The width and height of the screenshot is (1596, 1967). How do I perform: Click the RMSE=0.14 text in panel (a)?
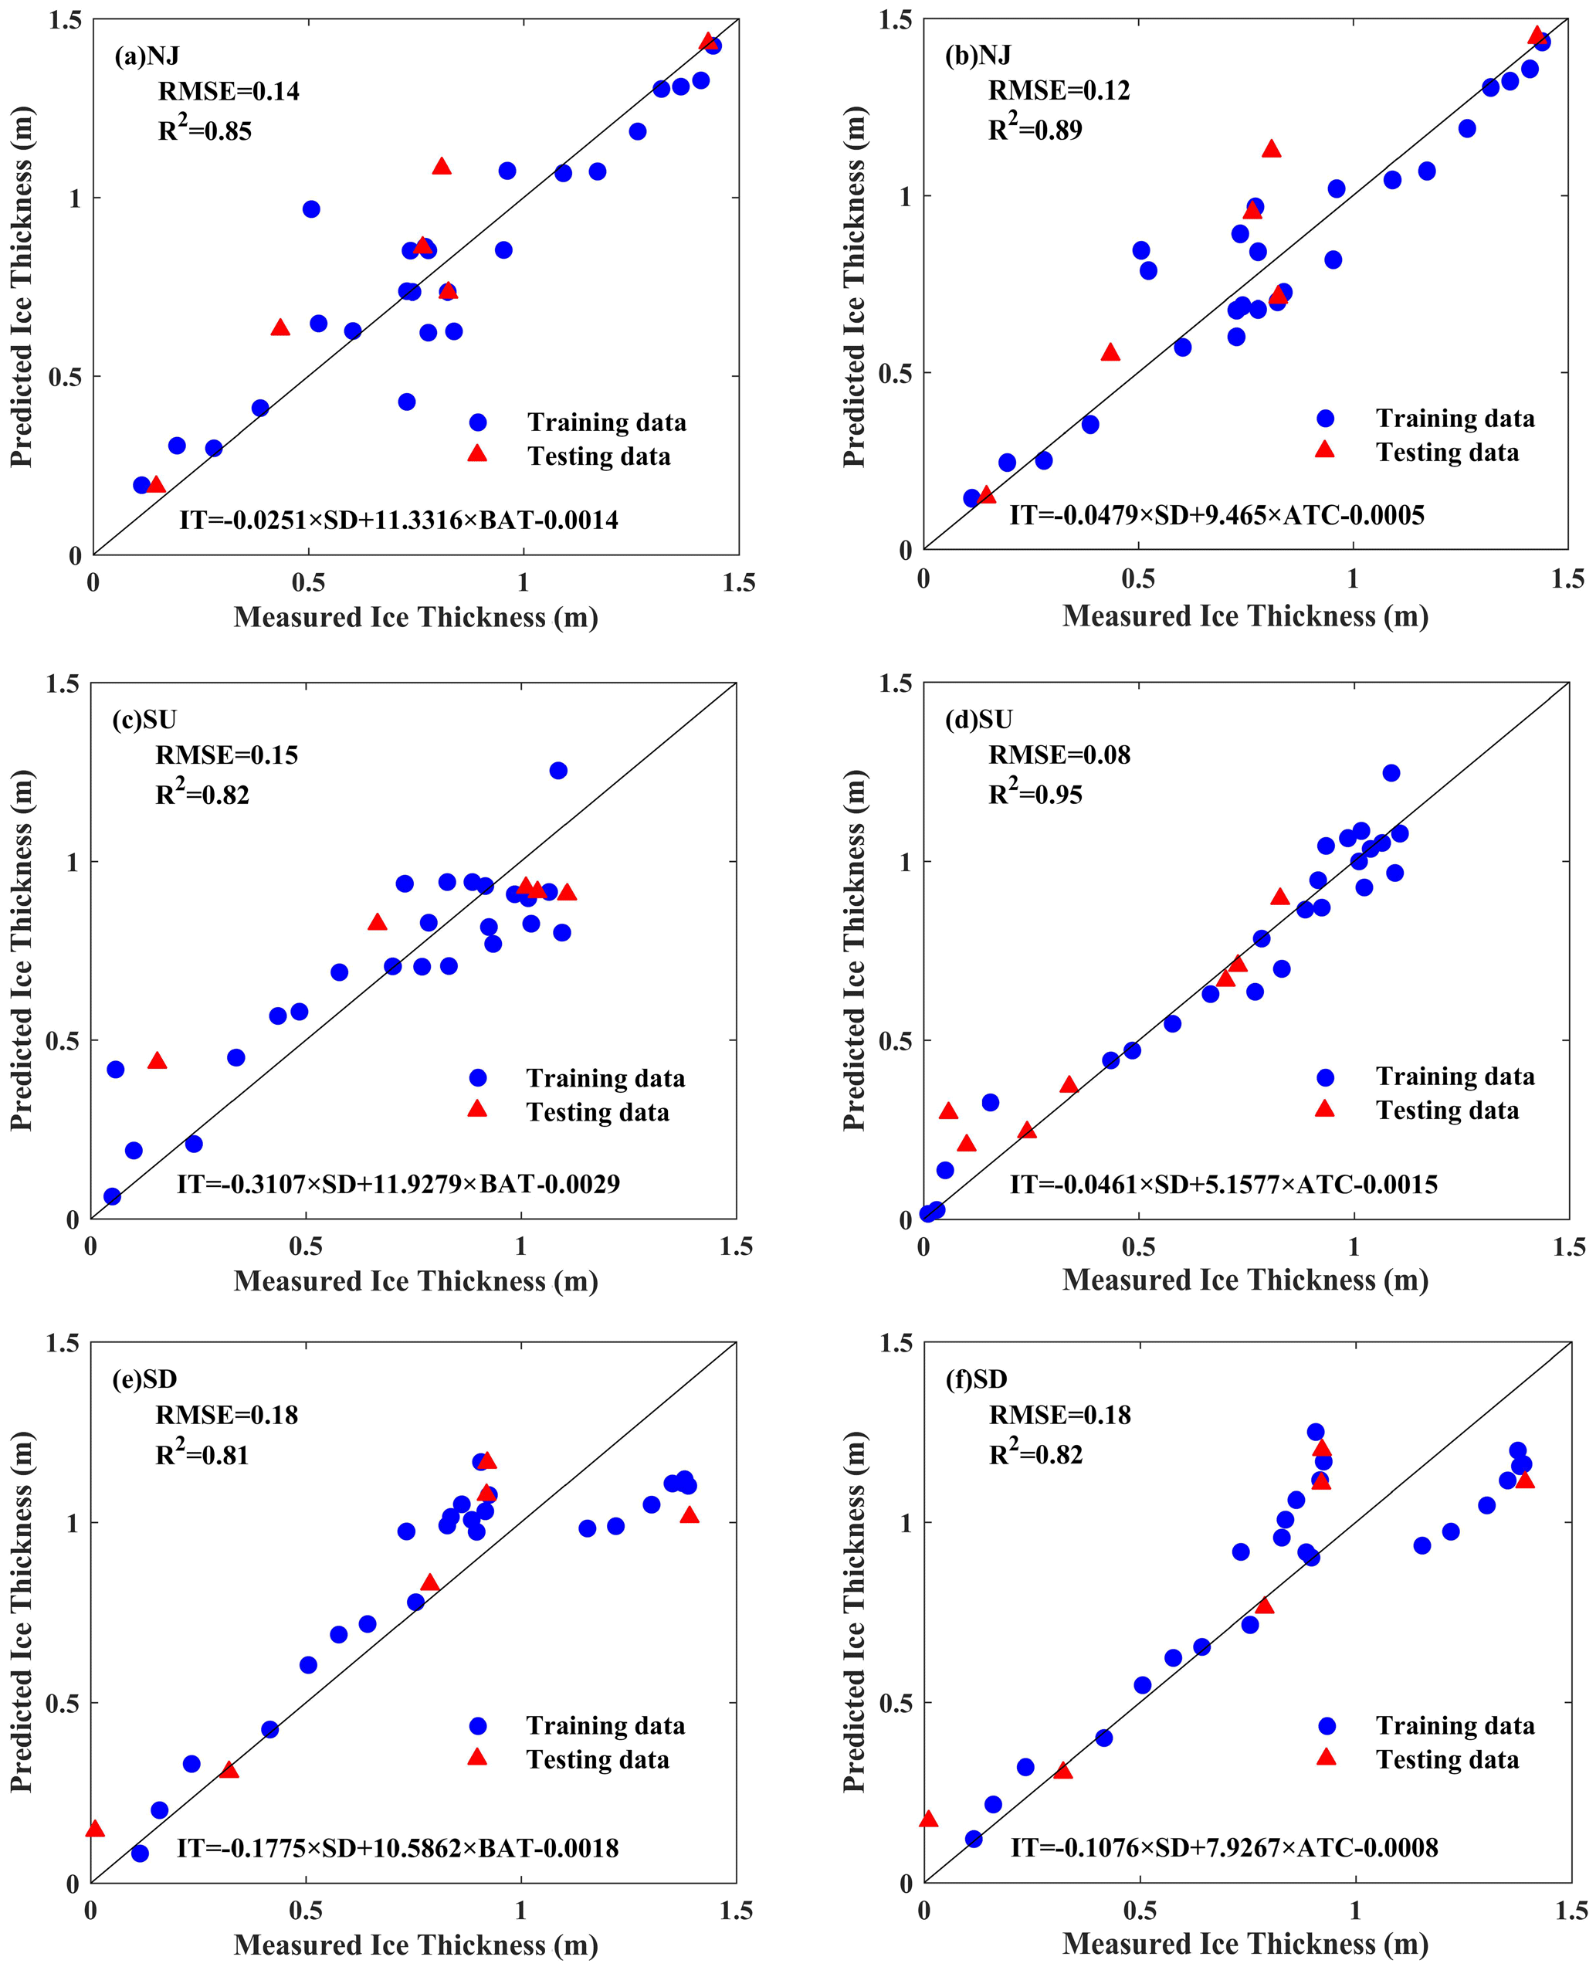(228, 91)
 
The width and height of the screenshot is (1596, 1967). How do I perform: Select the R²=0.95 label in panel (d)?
(1035, 794)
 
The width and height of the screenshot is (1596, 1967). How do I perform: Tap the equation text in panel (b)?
(1216, 515)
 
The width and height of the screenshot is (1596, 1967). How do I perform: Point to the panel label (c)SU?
(144, 719)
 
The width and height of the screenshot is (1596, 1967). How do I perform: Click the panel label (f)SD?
(976, 1379)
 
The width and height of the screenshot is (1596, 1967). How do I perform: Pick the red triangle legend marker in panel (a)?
(477, 453)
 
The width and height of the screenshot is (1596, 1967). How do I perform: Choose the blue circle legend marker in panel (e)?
(477, 1725)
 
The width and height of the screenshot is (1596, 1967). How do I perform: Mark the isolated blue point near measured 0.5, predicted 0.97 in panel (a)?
(310, 209)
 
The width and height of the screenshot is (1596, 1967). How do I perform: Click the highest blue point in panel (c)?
(558, 771)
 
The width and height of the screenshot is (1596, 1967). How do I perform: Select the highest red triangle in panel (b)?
(1272, 149)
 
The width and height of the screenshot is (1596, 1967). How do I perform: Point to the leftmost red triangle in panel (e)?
(95, 1828)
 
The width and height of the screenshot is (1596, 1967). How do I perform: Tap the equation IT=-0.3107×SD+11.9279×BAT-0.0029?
(398, 1183)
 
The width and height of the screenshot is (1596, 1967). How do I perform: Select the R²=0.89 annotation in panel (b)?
(1035, 130)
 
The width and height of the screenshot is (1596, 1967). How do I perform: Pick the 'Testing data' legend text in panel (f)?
(1447, 1758)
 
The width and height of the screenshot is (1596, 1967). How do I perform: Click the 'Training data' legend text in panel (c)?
(605, 1078)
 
